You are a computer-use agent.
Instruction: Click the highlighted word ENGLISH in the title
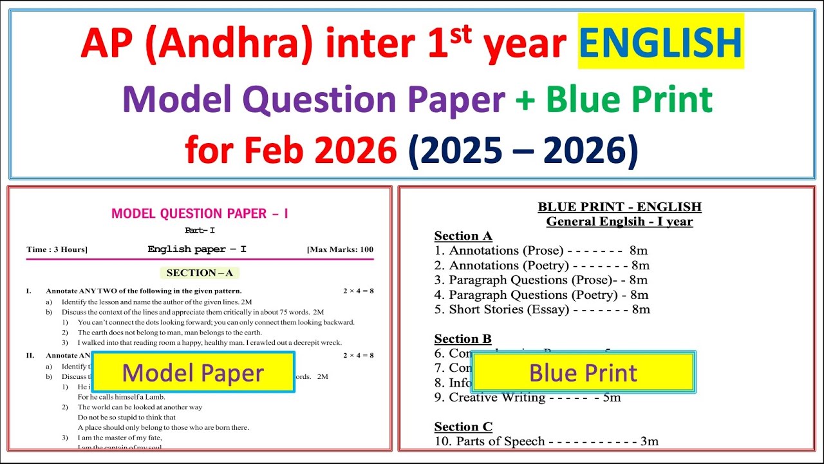tap(660, 42)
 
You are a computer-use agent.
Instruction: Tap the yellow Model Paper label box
tap(193, 372)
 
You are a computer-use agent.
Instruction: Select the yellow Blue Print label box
tap(583, 372)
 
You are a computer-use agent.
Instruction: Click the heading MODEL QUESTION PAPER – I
tap(200, 213)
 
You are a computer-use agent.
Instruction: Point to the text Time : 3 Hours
tap(57, 249)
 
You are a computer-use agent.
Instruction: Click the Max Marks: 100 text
tap(340, 249)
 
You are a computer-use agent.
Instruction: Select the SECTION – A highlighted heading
tap(200, 273)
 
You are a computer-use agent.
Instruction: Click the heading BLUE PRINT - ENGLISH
tap(619, 207)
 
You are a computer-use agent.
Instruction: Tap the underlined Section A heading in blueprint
tap(463, 236)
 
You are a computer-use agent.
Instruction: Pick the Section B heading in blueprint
tap(463, 339)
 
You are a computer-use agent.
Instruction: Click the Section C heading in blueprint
tap(463, 427)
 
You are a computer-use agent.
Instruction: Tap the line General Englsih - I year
tap(619, 222)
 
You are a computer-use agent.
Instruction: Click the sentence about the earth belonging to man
tap(178, 333)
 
